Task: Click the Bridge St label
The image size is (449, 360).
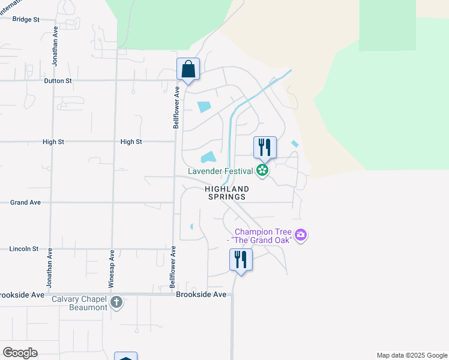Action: (26, 19)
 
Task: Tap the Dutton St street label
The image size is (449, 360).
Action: (58, 80)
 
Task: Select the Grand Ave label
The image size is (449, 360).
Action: (25, 203)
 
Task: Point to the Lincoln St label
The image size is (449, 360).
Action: (24, 248)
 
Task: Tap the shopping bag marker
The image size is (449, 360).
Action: (188, 70)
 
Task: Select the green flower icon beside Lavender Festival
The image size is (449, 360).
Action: (262, 171)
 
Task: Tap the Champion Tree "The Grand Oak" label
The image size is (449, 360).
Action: (264, 236)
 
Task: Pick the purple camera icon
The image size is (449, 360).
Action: (301, 235)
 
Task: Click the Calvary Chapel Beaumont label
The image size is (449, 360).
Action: (79, 303)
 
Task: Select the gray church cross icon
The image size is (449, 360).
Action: (116, 302)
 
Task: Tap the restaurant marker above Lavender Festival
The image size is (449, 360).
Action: (265, 148)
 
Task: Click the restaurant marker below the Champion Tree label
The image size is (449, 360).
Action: (241, 260)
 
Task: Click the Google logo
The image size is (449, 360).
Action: (20, 353)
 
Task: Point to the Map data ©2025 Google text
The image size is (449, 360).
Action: (411, 355)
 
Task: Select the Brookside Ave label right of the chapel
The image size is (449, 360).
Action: (201, 295)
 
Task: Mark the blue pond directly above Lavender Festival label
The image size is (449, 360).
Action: (208, 158)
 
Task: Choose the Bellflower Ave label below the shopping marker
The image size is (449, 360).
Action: (176, 107)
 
